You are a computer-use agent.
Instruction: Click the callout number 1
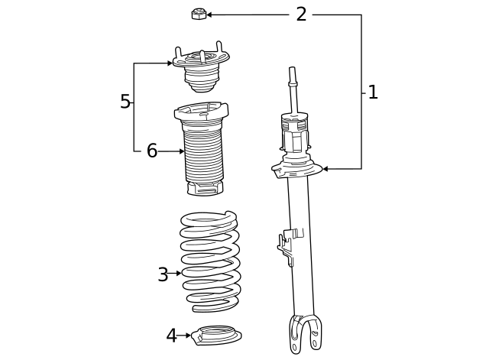[x=372, y=92]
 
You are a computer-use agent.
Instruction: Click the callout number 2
[x=301, y=14]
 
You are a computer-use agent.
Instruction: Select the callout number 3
[x=163, y=274]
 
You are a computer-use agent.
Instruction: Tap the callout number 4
[x=171, y=335]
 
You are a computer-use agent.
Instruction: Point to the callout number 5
[x=125, y=102]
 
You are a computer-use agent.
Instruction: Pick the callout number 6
[x=151, y=151]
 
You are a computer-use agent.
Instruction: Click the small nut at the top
[x=197, y=13]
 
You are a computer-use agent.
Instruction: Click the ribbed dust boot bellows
[x=202, y=157]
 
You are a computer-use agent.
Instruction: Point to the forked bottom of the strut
[x=303, y=335]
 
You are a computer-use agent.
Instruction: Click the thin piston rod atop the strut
[x=292, y=88]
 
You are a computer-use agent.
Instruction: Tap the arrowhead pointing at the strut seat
[x=325, y=168]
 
